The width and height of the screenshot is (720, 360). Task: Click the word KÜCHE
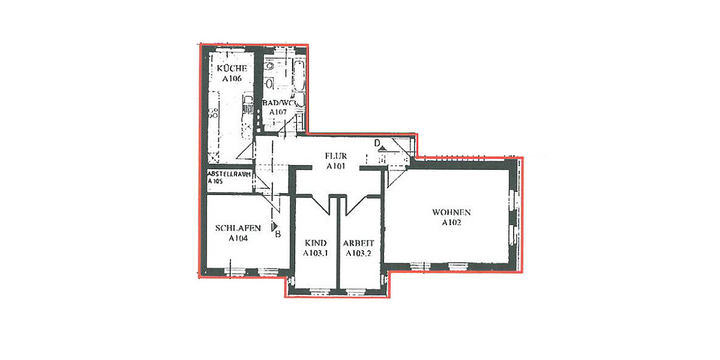pyautogui.click(x=232, y=69)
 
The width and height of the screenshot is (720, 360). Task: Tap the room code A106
pyautogui.click(x=232, y=79)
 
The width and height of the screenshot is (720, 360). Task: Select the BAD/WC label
pyautogui.click(x=279, y=103)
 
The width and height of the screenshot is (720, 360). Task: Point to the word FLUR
pyautogui.click(x=336, y=157)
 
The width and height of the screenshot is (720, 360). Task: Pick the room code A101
pyautogui.click(x=336, y=166)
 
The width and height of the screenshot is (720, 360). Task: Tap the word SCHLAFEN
pyautogui.click(x=238, y=228)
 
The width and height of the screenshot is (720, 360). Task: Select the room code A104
pyautogui.click(x=239, y=238)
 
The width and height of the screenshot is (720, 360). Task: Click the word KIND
pyautogui.click(x=316, y=243)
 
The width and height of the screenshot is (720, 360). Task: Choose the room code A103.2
pyautogui.click(x=358, y=253)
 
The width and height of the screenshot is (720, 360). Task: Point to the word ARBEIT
pyautogui.click(x=359, y=243)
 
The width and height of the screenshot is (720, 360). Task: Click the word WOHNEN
pyautogui.click(x=451, y=212)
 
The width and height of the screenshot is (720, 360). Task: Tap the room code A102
pyautogui.click(x=451, y=222)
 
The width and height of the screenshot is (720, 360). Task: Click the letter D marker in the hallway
pyautogui.click(x=377, y=143)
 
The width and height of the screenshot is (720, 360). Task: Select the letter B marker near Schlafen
pyautogui.click(x=278, y=233)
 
